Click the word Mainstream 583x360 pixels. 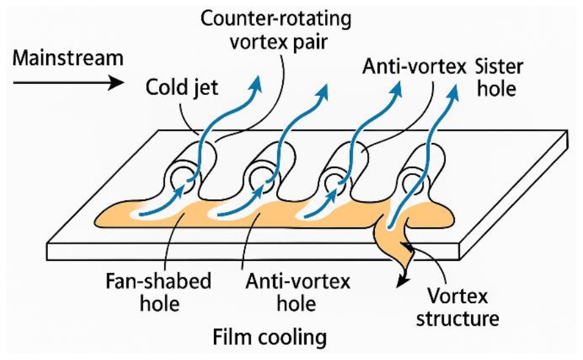68,58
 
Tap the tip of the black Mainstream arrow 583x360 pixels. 124,82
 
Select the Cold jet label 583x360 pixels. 182,88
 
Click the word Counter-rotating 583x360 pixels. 275,19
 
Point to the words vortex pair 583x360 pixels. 279,42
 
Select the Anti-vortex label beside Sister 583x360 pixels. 414,67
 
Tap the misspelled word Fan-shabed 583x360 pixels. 158,281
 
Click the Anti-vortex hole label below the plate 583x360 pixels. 297,293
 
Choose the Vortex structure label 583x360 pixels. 458,308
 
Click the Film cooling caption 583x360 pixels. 270,338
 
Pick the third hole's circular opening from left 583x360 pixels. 337,182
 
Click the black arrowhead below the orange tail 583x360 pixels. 401,282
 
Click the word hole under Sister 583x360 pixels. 496,89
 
